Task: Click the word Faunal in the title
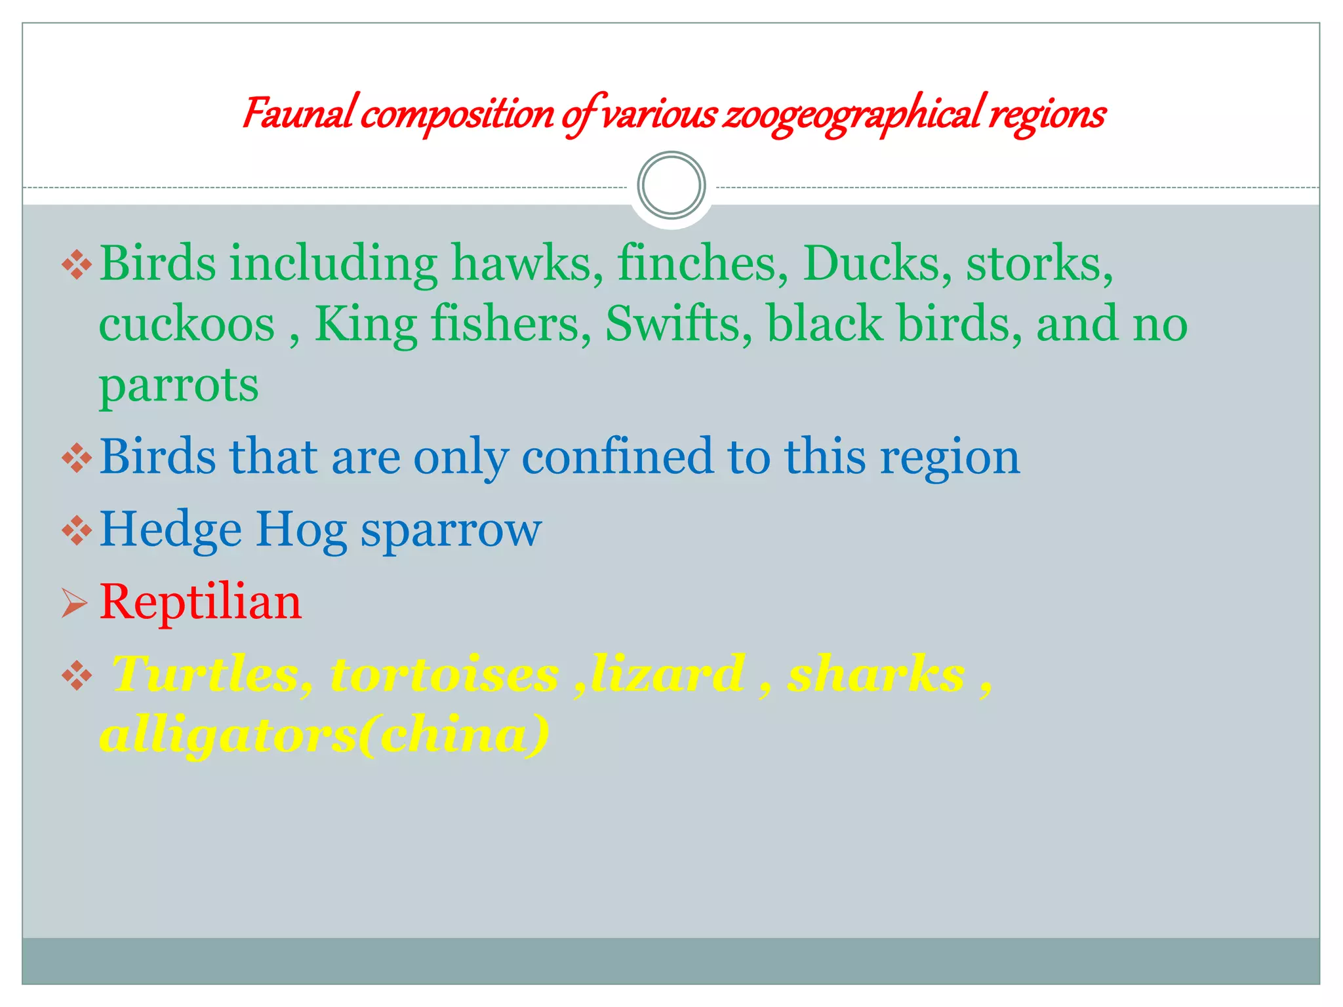tap(299, 114)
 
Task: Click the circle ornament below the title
tap(671, 186)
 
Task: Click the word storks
tap(1039, 264)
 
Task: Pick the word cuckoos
tap(187, 325)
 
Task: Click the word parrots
tap(178, 385)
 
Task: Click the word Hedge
tap(170, 530)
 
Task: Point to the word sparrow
tap(451, 530)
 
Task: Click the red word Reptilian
tap(201, 602)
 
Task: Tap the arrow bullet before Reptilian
tap(74, 602)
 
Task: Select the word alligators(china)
tap(324, 735)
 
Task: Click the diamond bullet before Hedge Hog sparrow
tap(77, 530)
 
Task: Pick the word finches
tap(702, 264)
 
